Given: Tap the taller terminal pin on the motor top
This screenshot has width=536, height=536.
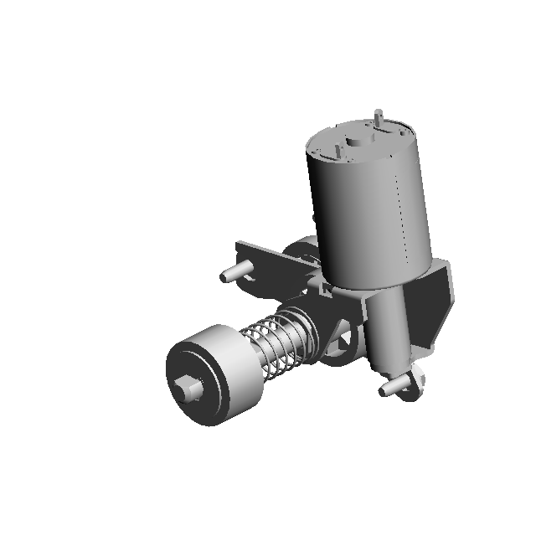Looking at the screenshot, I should pos(379,118).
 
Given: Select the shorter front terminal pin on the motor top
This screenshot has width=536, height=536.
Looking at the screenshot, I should pos(338,150).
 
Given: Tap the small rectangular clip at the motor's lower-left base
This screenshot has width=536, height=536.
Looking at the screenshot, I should pos(322,289).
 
